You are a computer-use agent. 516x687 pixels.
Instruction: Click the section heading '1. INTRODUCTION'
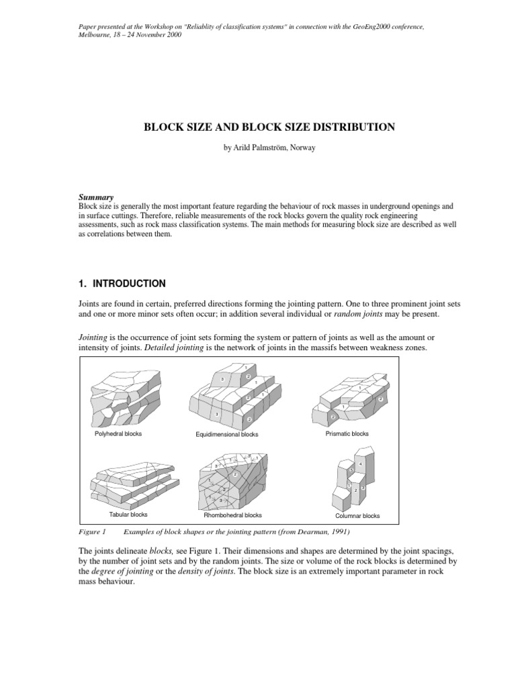122,283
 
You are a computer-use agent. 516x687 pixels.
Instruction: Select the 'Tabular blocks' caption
128,515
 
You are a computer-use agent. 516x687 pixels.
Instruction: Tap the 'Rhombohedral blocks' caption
232,515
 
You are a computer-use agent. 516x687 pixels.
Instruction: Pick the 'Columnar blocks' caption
357,516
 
